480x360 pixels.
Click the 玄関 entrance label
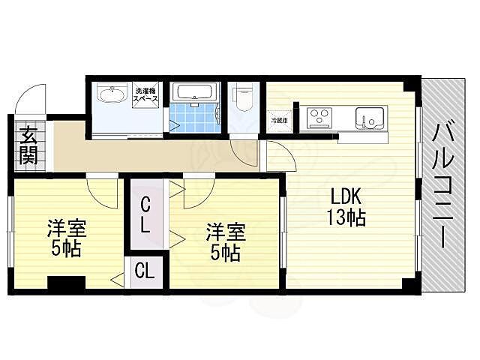click(28, 146)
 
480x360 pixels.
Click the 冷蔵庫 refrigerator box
click(278, 120)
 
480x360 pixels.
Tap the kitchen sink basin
click(369, 118)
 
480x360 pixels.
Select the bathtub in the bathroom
click(193, 93)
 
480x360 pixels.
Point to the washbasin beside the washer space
click(113, 95)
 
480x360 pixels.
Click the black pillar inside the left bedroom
click(65, 283)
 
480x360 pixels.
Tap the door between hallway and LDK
click(276, 157)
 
